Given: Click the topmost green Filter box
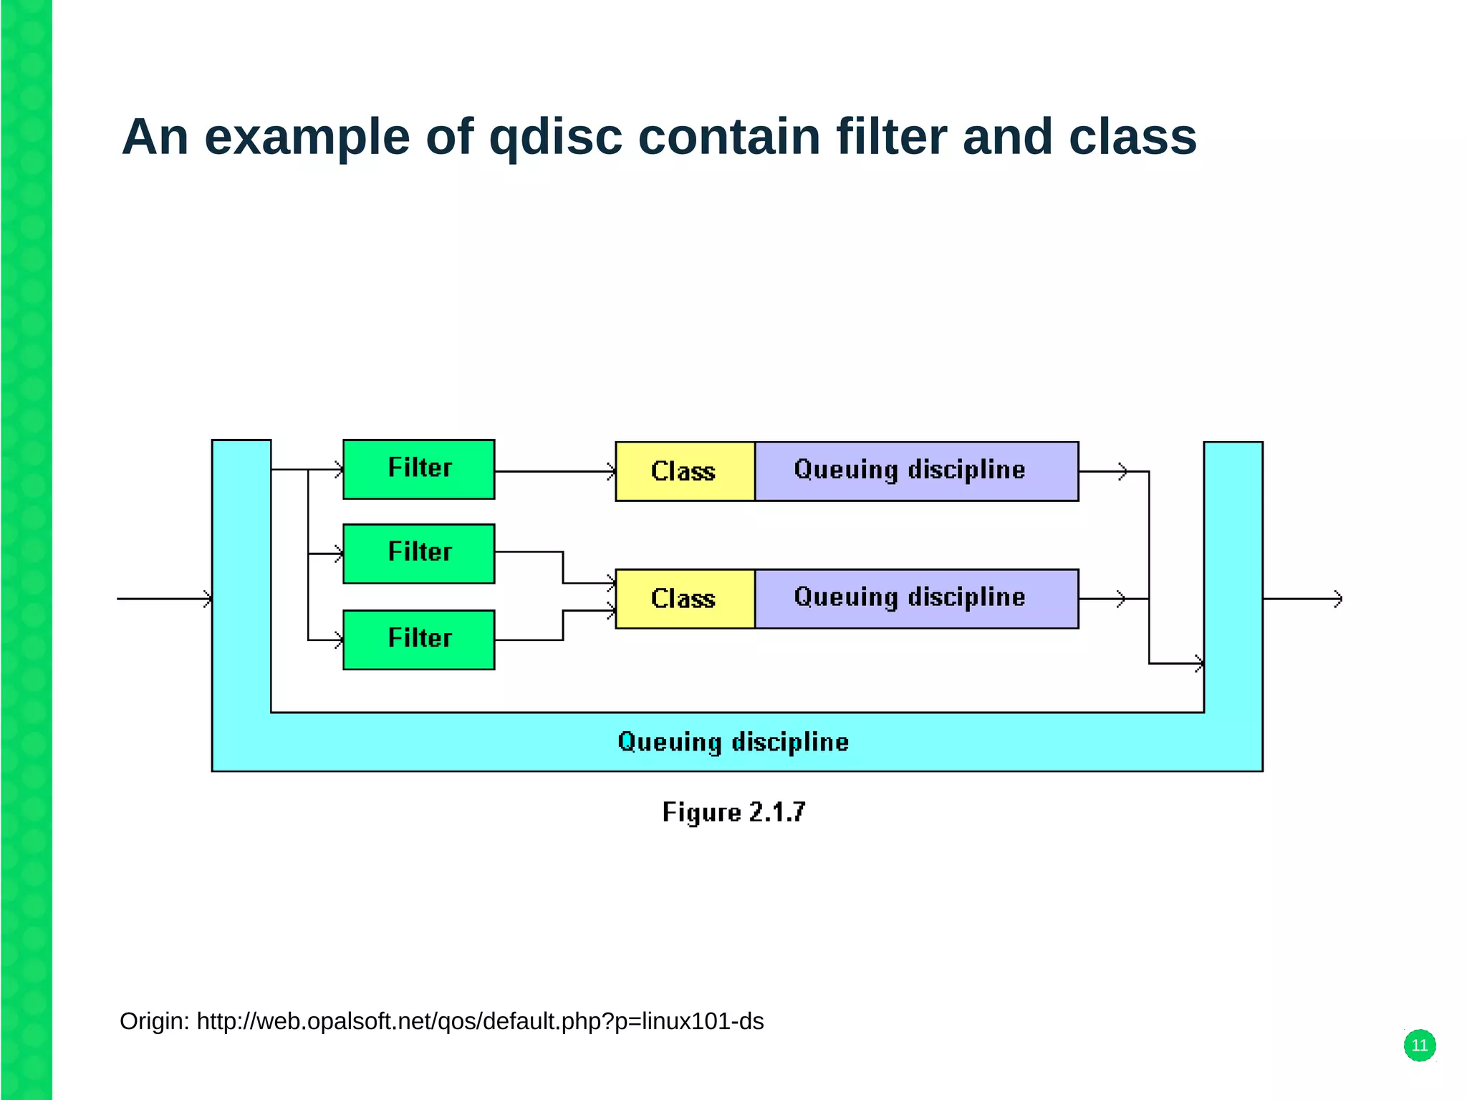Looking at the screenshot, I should point(418,469).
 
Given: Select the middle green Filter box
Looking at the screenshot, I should point(418,554).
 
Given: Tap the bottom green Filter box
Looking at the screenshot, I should point(418,640).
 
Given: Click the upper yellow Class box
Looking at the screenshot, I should point(684,471).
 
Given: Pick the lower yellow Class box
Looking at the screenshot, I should point(684,599).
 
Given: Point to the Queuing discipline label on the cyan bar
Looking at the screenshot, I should point(733,742).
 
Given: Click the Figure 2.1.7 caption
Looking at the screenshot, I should point(733,812).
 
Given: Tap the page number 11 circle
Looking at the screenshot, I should point(1419,1046).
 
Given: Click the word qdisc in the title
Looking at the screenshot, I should point(555,137).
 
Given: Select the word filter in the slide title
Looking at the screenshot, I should point(891,137).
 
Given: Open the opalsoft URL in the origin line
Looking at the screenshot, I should point(480,1021).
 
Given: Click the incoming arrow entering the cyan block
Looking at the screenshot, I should point(165,599).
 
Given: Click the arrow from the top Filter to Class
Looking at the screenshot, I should point(554,471).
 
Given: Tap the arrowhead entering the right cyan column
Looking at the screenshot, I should point(1198,664).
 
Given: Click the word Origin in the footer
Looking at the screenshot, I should point(153,1021).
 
